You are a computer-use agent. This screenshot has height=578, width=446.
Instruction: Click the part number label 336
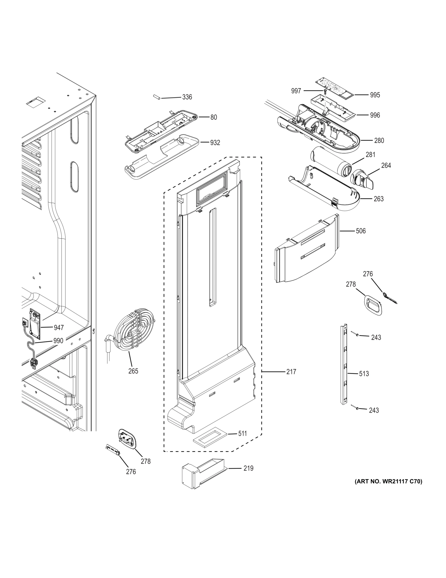[x=187, y=97]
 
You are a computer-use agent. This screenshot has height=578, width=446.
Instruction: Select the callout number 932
[x=215, y=143]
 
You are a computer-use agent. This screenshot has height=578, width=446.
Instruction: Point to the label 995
[x=375, y=95]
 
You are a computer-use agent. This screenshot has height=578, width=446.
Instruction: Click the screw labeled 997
[x=325, y=91]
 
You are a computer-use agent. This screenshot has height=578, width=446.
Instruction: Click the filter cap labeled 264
[x=361, y=178]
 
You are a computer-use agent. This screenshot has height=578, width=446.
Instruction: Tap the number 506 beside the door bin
[x=361, y=231]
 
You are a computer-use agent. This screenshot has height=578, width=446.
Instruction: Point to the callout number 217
[x=291, y=372]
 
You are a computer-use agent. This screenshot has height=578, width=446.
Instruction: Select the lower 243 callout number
[x=374, y=410]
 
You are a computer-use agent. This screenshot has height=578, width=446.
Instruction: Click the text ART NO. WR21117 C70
[x=388, y=482]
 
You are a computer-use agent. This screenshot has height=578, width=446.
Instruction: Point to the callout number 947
[x=59, y=327]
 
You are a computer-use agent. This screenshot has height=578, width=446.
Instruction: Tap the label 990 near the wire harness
[x=58, y=341]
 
